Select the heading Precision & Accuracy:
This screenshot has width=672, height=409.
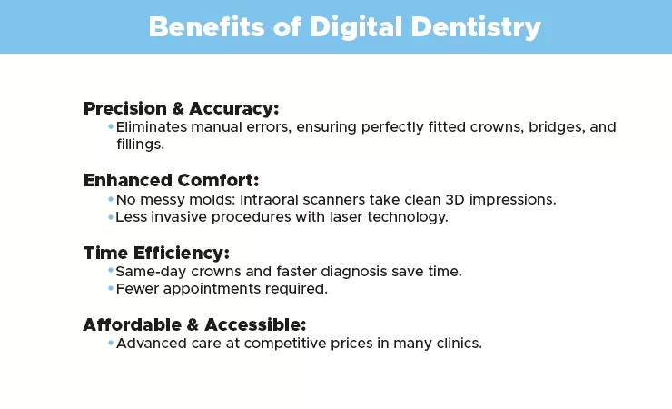tap(181, 108)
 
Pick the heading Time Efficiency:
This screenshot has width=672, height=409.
tap(156, 252)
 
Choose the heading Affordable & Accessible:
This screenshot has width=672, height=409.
tap(194, 324)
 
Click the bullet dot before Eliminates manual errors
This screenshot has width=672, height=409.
tap(111, 126)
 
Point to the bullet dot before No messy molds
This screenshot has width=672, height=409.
tap(111, 198)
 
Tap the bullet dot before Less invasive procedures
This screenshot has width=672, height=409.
tap(111, 216)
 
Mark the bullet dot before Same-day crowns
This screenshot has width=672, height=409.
tap(111, 270)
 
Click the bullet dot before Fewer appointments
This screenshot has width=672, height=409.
tap(111, 288)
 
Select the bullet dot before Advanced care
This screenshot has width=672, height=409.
tap(111, 343)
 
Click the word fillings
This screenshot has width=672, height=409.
tap(139, 145)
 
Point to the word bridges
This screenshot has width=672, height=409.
tap(555, 127)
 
